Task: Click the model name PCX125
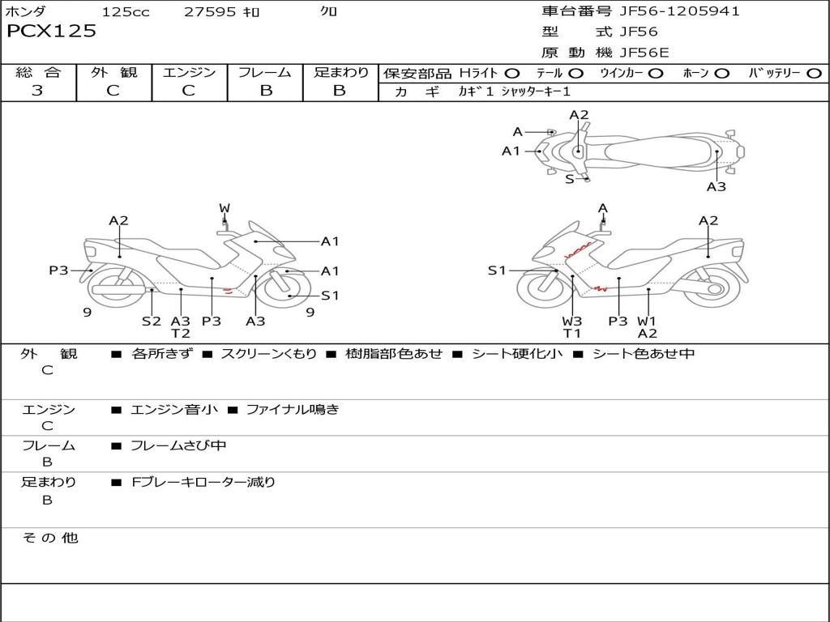coord(51,32)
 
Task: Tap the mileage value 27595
coord(209,12)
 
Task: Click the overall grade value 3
coord(37,91)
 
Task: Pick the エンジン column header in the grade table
coord(189,72)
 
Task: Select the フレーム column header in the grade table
coord(265,72)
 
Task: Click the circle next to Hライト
coord(511,74)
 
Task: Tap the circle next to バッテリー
coord(814,74)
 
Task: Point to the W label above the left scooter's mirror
coord(225,208)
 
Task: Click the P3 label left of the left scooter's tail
coord(58,271)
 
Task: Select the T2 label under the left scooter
coord(180,333)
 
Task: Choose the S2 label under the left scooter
coord(152,321)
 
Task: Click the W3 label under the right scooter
coord(572,321)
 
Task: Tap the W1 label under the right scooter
coord(647,321)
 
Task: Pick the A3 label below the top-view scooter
coord(716,186)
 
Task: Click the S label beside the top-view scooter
coord(569,179)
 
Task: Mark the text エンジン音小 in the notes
coord(174,410)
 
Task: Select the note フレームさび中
coord(178,445)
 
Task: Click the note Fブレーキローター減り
coord(203,482)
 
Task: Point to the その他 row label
coord(49,538)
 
